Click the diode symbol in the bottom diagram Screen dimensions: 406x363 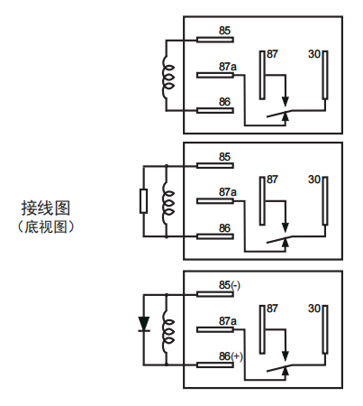[143, 324]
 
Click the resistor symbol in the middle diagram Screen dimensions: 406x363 [143, 199]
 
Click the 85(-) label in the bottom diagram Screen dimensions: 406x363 [230, 286]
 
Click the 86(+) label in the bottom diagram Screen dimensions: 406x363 [231, 356]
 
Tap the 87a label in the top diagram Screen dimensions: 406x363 [227, 67]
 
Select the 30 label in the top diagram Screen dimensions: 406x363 [315, 53]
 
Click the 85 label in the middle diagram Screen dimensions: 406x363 [224, 157]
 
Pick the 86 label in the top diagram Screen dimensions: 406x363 [224, 102]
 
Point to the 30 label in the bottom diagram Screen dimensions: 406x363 [315, 309]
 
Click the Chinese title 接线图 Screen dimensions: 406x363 [46, 208]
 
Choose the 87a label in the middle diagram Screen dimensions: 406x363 [227, 192]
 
